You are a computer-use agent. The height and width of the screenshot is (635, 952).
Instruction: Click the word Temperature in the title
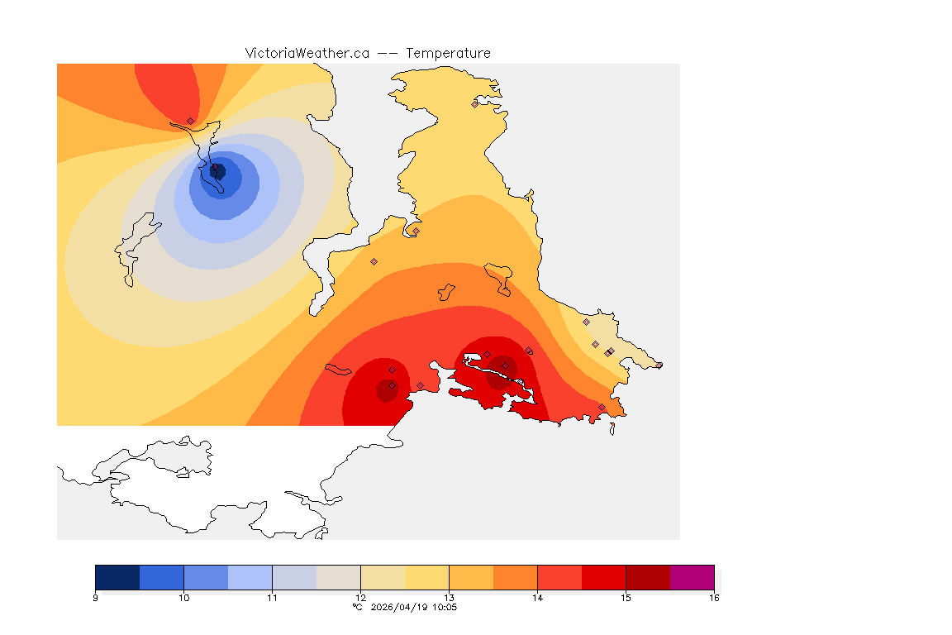(448, 53)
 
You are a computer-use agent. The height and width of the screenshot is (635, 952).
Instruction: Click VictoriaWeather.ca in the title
(307, 53)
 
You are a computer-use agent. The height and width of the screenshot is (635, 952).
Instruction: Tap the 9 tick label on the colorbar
(96, 598)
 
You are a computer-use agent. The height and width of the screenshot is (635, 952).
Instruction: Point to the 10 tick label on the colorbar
(183, 598)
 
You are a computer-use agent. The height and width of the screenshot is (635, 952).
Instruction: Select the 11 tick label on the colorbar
(272, 598)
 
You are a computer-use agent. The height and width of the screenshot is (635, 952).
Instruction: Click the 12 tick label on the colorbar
(360, 598)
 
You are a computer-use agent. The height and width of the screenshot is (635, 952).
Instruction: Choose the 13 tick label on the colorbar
(449, 598)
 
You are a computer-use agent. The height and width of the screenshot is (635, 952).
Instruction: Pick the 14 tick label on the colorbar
(537, 598)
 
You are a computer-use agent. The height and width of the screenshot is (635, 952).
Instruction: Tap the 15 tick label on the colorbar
(626, 598)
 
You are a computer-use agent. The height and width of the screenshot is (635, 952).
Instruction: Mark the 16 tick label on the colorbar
(713, 598)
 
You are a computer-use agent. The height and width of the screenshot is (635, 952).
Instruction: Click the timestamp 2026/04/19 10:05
(412, 608)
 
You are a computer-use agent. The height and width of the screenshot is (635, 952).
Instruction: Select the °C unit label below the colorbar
(357, 608)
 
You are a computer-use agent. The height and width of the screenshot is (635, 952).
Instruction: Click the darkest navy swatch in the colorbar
(117, 577)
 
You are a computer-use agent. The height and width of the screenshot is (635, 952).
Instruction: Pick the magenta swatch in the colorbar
(692, 577)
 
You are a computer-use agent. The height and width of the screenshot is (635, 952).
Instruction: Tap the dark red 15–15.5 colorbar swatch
(648, 577)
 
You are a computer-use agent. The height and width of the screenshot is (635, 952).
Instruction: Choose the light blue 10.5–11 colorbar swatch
(250, 577)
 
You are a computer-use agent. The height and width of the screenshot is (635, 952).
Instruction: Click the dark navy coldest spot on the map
(218, 171)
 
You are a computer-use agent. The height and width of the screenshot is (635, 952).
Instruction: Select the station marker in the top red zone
(190, 121)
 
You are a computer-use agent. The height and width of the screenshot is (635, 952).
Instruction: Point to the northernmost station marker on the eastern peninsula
(475, 104)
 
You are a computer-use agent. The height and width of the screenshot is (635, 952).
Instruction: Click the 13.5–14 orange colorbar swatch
(515, 577)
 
